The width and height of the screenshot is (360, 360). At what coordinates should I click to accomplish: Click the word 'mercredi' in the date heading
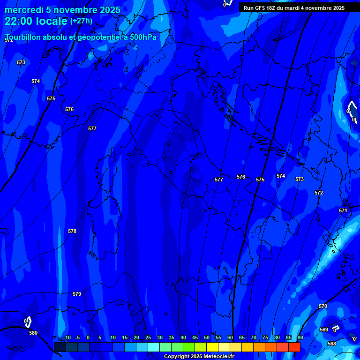[22, 10]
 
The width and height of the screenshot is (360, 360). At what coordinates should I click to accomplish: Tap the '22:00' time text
[19, 21]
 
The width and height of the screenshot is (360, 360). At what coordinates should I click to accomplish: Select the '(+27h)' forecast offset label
[81, 21]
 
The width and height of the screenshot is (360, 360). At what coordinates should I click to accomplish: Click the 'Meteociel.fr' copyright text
[216, 357]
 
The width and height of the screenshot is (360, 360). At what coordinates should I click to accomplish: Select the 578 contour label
[72, 231]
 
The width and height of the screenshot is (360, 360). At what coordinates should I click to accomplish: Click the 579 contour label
[77, 294]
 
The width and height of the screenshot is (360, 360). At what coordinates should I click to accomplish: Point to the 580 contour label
[33, 333]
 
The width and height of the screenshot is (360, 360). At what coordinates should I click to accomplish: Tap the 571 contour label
[343, 210]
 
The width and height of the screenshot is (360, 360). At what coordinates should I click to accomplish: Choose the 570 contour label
[323, 306]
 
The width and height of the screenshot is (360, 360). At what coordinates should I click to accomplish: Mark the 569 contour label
[324, 330]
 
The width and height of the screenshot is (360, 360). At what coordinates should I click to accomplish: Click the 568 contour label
[332, 344]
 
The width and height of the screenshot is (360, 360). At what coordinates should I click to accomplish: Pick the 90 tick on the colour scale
[300, 338]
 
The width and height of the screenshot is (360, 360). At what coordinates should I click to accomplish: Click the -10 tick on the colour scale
[67, 338]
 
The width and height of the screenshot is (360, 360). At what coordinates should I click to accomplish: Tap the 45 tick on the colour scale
[195, 338]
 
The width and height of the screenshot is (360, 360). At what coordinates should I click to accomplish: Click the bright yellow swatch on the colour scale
[212, 347]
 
